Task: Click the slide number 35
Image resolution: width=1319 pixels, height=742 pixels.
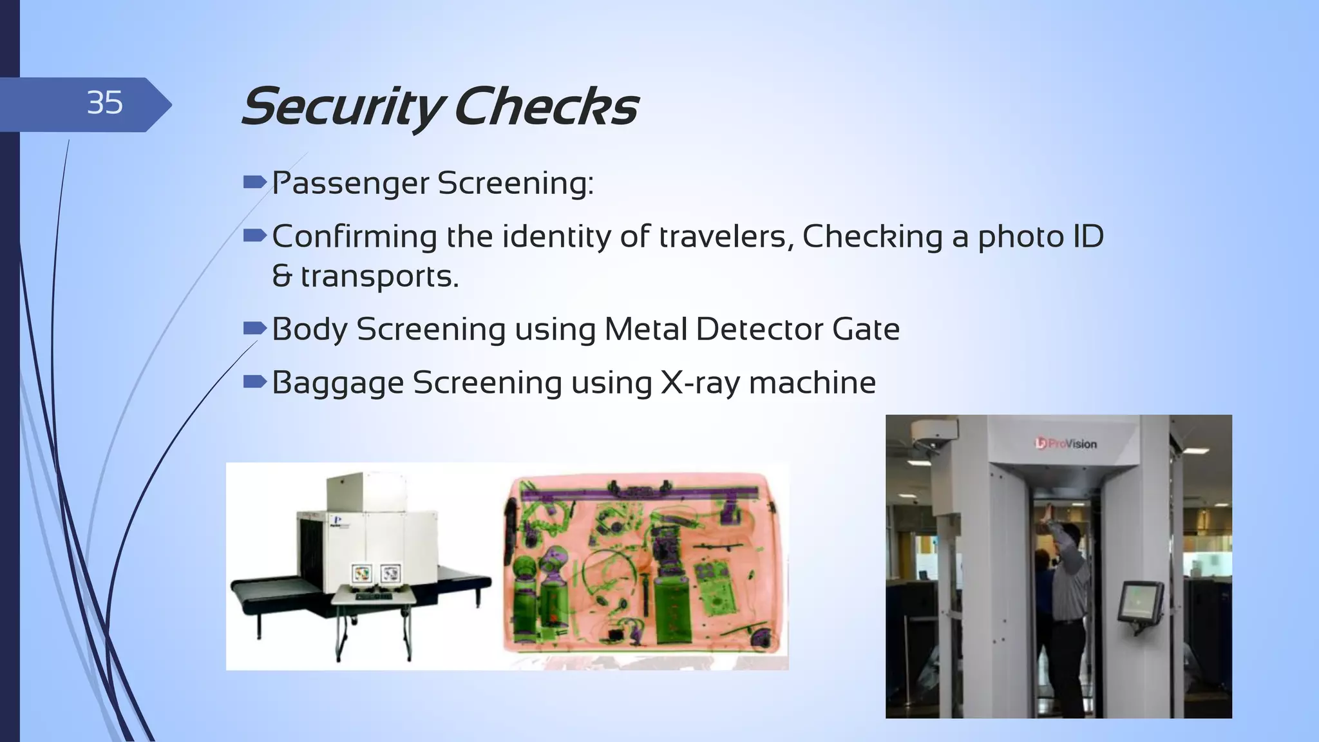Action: (x=104, y=103)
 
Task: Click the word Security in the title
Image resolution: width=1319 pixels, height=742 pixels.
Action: (x=341, y=107)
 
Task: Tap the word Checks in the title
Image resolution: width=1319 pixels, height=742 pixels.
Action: (x=546, y=107)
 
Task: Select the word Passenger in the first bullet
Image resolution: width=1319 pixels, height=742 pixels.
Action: (x=350, y=184)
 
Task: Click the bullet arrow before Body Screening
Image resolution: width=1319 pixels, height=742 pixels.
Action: (x=255, y=329)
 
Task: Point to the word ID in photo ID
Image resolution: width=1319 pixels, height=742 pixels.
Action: (x=1088, y=236)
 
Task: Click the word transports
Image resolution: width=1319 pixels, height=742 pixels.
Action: (x=379, y=276)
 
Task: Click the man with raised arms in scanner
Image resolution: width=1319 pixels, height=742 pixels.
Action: (x=1066, y=580)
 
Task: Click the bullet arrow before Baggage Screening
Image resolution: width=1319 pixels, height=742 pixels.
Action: (x=255, y=383)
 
